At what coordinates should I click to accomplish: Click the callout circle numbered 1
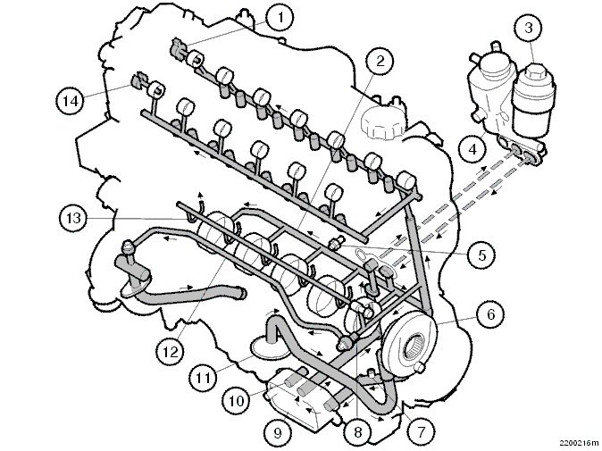click(x=280, y=17)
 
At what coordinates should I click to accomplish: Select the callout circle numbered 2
click(x=380, y=61)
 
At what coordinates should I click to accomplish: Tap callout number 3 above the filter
click(x=529, y=28)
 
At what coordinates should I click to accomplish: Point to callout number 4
click(x=472, y=149)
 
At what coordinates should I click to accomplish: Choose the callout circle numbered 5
click(x=481, y=255)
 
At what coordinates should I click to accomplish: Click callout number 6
click(x=490, y=314)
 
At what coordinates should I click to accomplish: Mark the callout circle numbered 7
click(x=422, y=431)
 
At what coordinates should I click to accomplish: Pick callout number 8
click(x=357, y=432)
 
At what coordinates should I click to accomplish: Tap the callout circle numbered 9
click(x=278, y=432)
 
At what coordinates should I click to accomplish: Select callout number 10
click(x=236, y=401)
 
